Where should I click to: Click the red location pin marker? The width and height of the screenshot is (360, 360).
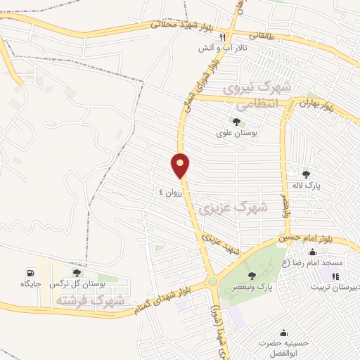click(181, 165)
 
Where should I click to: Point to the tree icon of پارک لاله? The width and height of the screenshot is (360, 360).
click(306, 174)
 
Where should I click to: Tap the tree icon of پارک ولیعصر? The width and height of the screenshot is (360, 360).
click(252, 276)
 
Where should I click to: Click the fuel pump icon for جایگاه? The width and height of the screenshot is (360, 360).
click(29, 273)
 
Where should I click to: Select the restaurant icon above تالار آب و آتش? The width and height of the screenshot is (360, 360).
click(222, 38)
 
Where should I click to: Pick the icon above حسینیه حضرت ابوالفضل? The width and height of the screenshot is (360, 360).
click(283, 333)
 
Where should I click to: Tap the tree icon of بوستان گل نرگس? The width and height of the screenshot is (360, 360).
click(77, 273)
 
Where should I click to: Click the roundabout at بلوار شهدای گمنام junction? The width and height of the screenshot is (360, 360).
click(212, 283)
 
